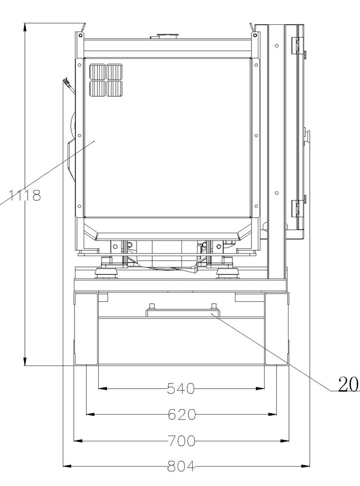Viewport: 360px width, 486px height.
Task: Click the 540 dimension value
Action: click(180, 388)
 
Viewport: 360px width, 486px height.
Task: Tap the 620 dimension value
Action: click(182, 415)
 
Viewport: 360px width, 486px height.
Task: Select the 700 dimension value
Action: click(182, 440)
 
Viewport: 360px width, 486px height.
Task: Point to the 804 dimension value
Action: click(181, 466)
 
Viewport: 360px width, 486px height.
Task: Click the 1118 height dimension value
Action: click(25, 195)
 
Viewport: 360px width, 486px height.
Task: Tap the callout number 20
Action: click(348, 384)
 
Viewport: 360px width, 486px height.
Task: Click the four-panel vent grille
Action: click(106, 80)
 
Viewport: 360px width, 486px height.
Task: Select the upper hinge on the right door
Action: click(297, 46)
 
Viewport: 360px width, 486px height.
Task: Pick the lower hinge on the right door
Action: click(297, 209)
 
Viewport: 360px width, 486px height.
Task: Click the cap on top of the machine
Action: click(164, 36)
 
